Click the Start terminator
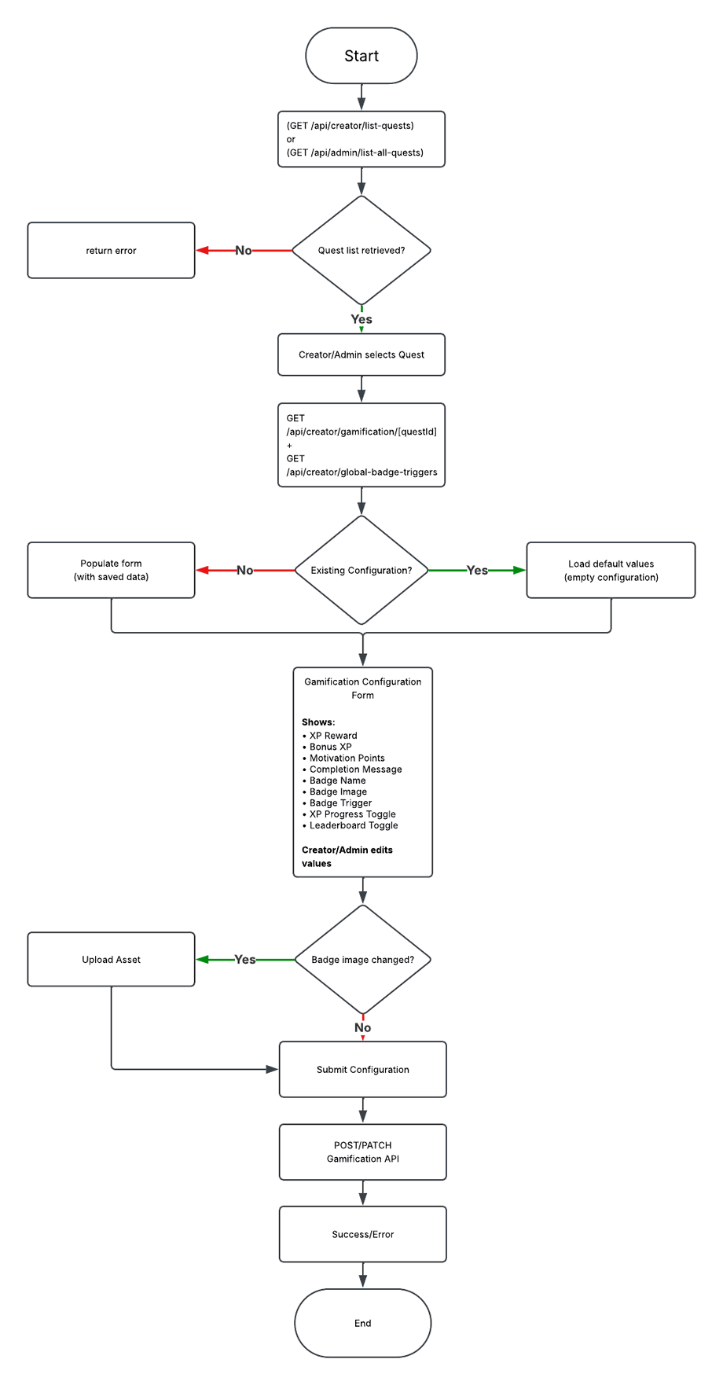pos(361,56)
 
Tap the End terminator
pos(363,1323)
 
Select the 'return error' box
pos(111,250)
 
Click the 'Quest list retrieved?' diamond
pos(361,250)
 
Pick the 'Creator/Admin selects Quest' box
pos(361,355)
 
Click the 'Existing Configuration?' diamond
pos(361,570)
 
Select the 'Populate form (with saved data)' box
pos(111,570)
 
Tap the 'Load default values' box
pos(611,570)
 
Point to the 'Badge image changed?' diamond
pos(363,960)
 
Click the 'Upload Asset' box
pos(111,960)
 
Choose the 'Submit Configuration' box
pos(363,1070)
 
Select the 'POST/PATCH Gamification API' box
pos(363,1152)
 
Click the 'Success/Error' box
pos(363,1234)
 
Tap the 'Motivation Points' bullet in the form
pos(343,759)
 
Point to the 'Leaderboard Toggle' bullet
pos(350,825)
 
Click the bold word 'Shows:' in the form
pos(318,722)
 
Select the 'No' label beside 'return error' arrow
pos(244,251)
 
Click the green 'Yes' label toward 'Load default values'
pos(477,571)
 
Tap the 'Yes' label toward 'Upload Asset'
pos(245,960)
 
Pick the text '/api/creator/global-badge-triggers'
pos(361,472)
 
